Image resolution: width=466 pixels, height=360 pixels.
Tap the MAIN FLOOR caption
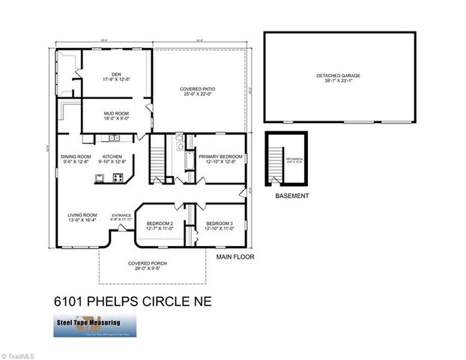pyautogui.click(x=236, y=256)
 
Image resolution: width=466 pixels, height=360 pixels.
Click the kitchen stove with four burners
pyautogui.click(x=118, y=178)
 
